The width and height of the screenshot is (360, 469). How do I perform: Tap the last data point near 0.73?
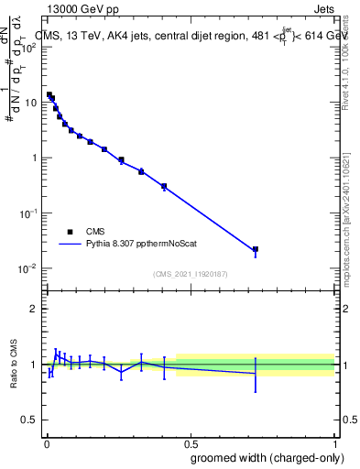tap(256, 249)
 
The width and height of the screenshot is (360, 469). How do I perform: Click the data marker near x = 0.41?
tap(164, 186)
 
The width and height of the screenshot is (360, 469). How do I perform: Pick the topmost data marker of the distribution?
tap(49, 94)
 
